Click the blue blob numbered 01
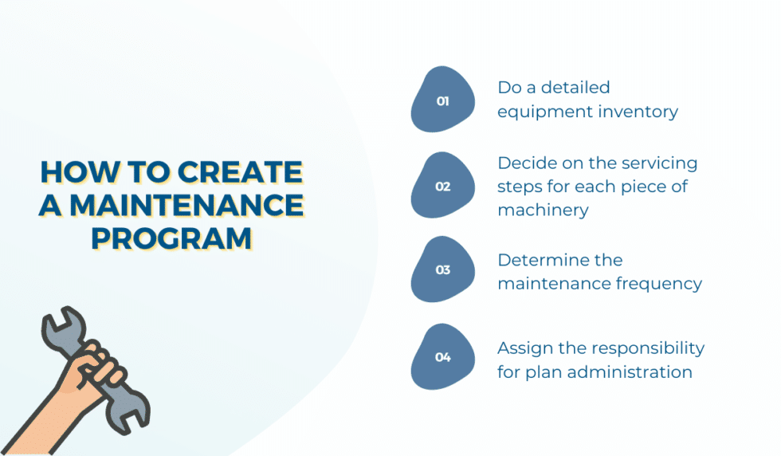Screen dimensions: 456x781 pos(443,101)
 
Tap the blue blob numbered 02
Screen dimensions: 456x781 pos(443,187)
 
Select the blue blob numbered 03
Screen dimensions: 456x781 pos(443,269)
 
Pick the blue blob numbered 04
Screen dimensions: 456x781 pos(443,357)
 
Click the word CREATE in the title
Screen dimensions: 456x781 pos(240,173)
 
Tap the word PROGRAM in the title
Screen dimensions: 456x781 pos(171,238)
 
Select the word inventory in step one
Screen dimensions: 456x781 pos(634,112)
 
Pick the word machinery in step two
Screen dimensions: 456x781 pos(543,210)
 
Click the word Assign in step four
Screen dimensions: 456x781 pos(523,348)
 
